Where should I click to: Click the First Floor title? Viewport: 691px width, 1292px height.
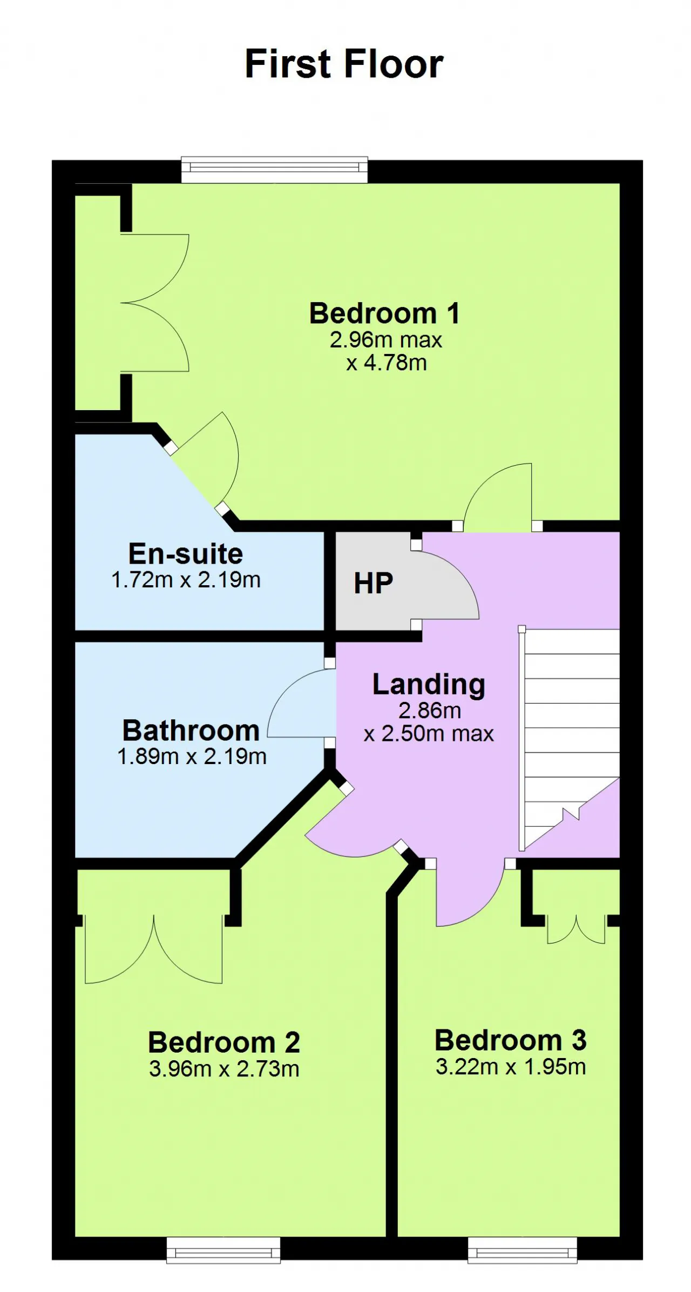tap(344, 64)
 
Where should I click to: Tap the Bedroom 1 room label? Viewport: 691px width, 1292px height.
tap(384, 313)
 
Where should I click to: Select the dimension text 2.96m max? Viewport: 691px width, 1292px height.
tap(386, 340)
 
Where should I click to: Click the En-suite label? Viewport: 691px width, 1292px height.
tap(186, 554)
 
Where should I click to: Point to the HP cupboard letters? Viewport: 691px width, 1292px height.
tap(373, 584)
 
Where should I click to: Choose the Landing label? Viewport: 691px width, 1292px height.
tap(429, 685)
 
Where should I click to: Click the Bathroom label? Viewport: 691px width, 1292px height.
tap(191, 731)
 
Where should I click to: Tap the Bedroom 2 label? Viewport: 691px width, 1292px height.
tap(224, 1042)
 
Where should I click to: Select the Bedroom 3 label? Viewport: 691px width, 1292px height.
tap(511, 1040)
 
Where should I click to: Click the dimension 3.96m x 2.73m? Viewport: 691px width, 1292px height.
tap(224, 1069)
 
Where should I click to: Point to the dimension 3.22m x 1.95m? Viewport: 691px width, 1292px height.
tap(511, 1067)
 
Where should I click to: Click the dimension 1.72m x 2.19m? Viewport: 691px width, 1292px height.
tap(186, 580)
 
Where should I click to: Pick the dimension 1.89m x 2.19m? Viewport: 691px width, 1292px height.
tap(192, 757)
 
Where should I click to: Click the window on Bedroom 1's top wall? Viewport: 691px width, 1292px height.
tap(274, 170)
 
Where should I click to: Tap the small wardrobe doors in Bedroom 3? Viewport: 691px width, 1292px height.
tap(576, 929)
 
